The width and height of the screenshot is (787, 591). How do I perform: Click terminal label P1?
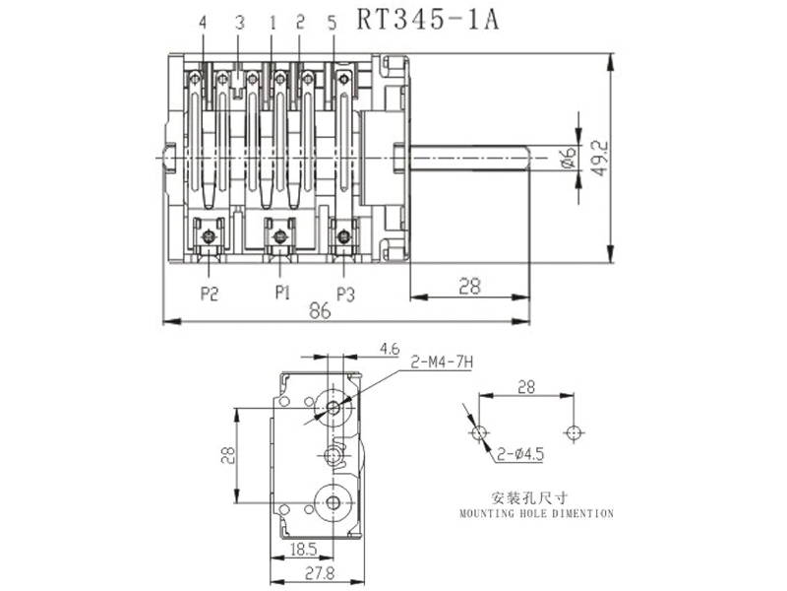point(282,293)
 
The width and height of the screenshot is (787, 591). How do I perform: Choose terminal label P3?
point(345,293)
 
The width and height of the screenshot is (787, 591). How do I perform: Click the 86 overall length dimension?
point(320,310)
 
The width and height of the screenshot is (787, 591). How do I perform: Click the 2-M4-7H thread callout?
point(443,363)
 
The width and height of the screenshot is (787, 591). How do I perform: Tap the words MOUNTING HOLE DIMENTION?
point(536,513)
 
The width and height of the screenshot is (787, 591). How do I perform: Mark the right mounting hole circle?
point(575,432)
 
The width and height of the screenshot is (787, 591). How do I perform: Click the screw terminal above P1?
point(280,234)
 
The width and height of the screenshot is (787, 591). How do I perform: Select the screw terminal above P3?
point(343,234)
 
